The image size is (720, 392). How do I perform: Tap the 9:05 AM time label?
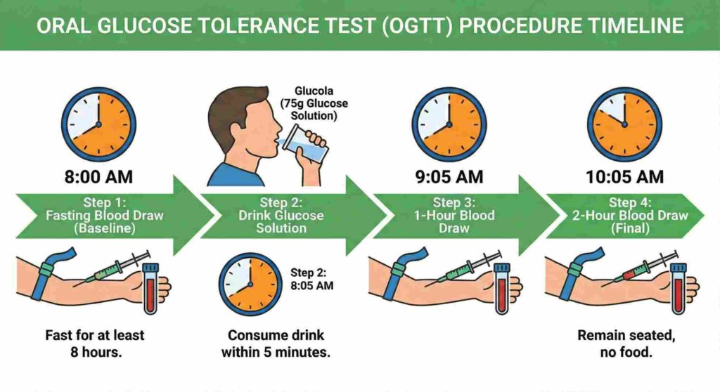[449, 176]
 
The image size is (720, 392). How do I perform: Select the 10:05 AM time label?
[624, 176]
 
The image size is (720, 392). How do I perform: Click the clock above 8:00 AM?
[98, 124]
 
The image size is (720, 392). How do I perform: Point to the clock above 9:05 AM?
[449, 124]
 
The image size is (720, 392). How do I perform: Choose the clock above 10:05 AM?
[624, 124]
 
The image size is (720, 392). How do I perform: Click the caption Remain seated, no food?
[625, 344]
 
